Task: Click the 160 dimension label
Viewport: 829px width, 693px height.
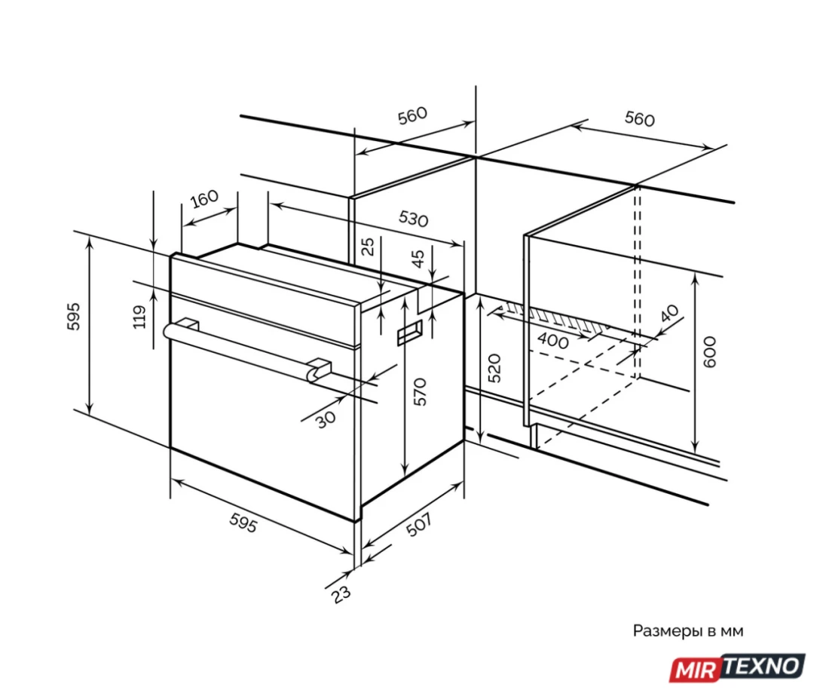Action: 204,199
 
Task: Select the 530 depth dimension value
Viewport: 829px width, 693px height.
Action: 413,218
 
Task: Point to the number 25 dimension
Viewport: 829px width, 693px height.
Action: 368,247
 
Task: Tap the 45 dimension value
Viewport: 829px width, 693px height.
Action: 418,258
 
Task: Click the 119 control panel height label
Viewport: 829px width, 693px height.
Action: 139,317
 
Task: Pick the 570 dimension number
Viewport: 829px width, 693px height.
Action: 419,391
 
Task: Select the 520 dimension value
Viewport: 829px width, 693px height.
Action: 494,368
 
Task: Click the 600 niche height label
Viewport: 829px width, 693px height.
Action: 709,352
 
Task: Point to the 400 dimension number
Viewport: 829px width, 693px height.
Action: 553,340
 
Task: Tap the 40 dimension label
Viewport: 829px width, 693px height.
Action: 669,313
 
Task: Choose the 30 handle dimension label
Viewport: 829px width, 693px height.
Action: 326,419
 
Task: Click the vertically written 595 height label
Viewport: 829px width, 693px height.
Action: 74,317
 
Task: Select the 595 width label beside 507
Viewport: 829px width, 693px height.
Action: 243,523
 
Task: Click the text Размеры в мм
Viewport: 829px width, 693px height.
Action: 688,631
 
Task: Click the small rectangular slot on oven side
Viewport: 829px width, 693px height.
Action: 410,333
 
